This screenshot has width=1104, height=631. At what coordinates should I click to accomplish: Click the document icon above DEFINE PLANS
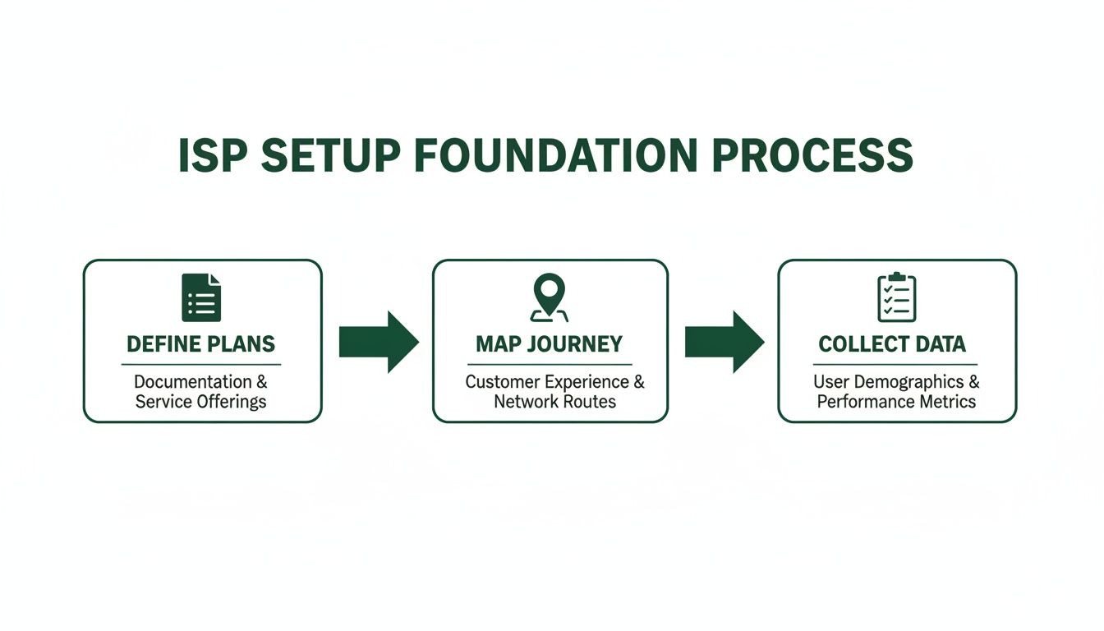201,297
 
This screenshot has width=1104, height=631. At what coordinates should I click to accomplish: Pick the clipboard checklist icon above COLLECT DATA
896,297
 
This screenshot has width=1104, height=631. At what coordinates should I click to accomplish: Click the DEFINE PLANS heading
201,343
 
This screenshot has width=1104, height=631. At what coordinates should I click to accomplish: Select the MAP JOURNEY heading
550,343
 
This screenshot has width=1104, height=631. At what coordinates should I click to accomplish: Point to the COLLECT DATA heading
892,343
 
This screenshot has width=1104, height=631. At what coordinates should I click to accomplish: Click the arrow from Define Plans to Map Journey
379,341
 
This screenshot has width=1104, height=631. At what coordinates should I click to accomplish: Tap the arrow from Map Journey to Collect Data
724,341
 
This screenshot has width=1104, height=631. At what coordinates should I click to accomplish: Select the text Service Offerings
201,402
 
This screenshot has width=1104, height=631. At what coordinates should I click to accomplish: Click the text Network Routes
554,402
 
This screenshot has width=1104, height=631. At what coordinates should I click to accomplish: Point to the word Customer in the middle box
496,382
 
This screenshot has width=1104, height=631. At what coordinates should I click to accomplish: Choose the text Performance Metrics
896,402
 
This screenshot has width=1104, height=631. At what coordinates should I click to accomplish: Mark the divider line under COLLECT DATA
895,364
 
